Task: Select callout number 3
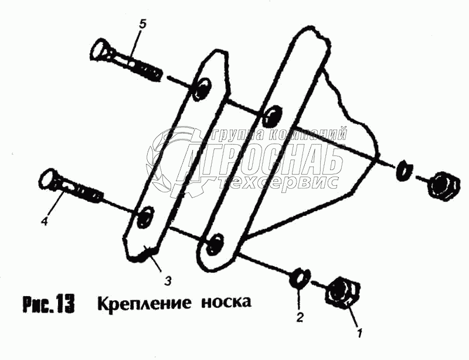168,281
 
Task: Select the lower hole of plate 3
144,216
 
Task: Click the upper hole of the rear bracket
271,116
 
